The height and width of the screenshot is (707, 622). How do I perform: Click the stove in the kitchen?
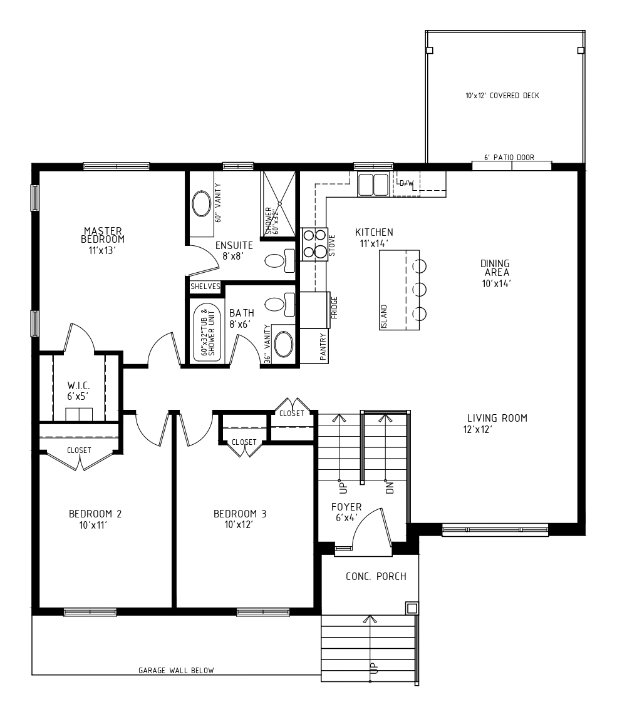click(x=314, y=244)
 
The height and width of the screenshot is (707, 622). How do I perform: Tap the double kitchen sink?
click(x=373, y=185)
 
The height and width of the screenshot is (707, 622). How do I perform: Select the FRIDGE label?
click(x=334, y=307)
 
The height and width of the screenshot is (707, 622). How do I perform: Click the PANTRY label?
click(x=323, y=346)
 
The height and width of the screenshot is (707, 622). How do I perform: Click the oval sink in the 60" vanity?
click(x=201, y=205)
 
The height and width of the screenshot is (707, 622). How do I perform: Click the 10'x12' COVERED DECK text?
click(x=502, y=96)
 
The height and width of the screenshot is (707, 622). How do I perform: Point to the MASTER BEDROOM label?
click(x=103, y=235)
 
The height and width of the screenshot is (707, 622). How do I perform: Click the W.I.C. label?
click(x=78, y=385)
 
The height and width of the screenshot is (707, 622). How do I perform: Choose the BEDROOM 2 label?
click(x=95, y=514)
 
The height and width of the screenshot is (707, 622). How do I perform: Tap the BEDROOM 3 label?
click(x=240, y=514)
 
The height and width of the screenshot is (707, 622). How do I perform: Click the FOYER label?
click(x=346, y=507)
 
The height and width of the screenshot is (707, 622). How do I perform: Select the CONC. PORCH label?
click(x=376, y=576)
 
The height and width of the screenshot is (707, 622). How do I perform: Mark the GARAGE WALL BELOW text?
click(x=176, y=671)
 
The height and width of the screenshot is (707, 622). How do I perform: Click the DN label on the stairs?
click(x=390, y=487)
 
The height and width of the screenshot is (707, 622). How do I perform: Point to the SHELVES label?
click(x=205, y=287)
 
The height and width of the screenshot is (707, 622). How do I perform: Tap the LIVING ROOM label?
click(x=497, y=418)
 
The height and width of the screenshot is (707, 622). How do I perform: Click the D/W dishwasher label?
click(x=407, y=183)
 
